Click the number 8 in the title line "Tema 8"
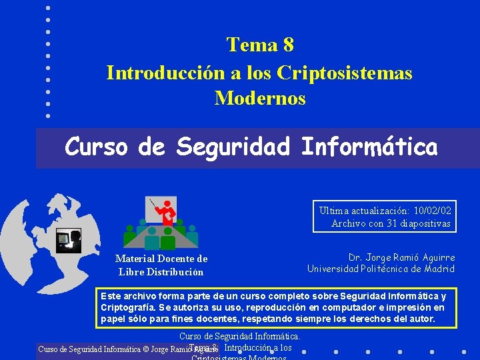click(287, 45)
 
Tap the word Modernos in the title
click(260, 99)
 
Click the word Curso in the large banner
click(97, 147)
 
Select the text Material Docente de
click(161, 259)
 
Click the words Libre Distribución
click(161, 271)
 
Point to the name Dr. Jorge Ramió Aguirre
click(401, 257)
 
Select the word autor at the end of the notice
click(421, 319)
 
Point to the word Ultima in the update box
click(333, 211)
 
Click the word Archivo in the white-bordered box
click(347, 223)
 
